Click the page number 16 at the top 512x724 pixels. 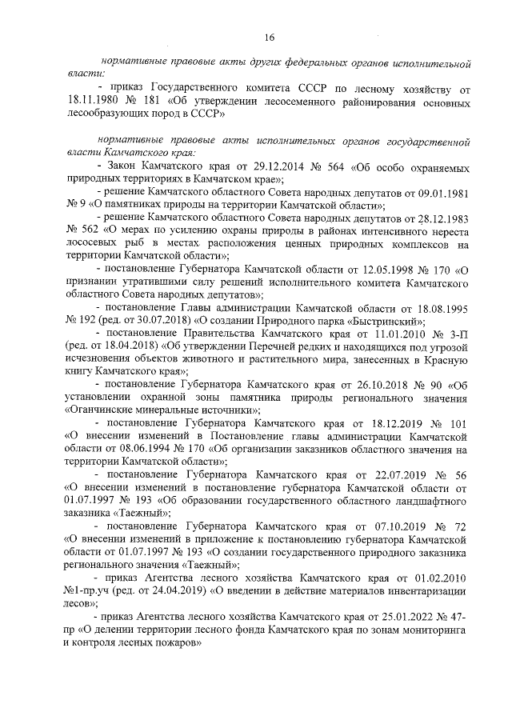pos(270,37)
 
